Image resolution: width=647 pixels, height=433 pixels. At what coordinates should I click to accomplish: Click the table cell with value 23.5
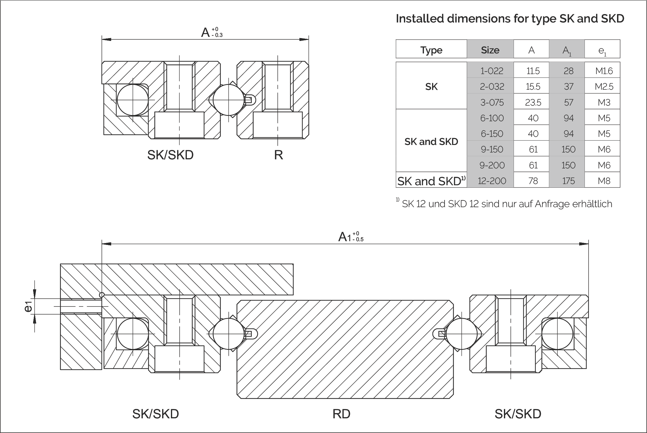tap(533, 102)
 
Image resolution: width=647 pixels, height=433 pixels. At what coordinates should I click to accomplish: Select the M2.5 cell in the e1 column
tap(604, 87)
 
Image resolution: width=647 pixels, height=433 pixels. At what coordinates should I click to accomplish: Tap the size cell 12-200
tap(492, 181)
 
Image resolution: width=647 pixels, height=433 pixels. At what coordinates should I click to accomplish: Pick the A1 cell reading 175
tap(568, 181)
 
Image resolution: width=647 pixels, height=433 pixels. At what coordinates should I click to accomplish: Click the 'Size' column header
tap(490, 50)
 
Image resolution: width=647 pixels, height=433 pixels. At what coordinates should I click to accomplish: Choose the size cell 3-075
tap(492, 102)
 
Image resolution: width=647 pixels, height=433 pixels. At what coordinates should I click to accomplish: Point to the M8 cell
tap(604, 181)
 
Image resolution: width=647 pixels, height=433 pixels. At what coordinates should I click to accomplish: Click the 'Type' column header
tap(431, 50)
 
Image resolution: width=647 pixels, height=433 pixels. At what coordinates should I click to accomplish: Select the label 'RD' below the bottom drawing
tap(341, 414)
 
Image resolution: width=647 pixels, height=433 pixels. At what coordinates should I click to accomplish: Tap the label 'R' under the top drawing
tap(278, 155)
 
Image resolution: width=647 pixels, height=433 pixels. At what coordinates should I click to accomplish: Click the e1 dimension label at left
tap(28, 306)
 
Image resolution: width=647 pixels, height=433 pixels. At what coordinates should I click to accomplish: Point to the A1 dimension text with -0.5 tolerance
tap(351, 237)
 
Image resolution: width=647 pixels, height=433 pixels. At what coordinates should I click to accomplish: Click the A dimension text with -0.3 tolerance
tap(212, 32)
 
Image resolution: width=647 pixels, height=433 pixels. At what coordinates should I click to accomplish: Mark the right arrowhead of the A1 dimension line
tap(584, 244)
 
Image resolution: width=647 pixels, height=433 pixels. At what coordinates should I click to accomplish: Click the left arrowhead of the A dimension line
tap(107, 39)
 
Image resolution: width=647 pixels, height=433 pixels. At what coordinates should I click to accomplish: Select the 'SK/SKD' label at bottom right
tap(518, 414)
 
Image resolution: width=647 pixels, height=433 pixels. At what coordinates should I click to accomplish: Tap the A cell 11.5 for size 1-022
tap(533, 71)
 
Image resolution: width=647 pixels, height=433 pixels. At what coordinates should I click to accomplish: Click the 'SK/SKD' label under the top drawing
tap(170, 155)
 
